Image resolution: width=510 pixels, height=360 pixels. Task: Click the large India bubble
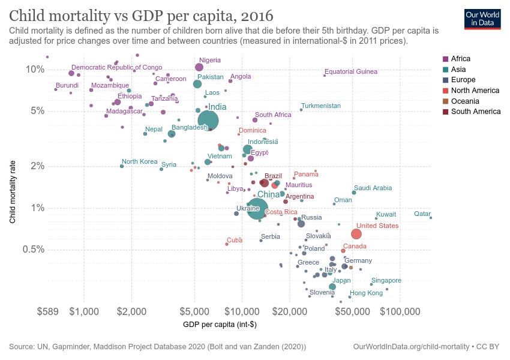(208, 121)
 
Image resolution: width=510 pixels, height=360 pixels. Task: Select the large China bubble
(257, 209)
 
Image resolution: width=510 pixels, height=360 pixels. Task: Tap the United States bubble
(356, 234)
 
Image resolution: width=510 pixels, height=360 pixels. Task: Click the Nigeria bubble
(199, 67)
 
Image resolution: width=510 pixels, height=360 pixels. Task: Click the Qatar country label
(422, 214)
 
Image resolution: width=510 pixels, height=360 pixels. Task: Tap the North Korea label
(139, 161)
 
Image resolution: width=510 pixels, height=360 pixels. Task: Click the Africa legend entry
(460, 59)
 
